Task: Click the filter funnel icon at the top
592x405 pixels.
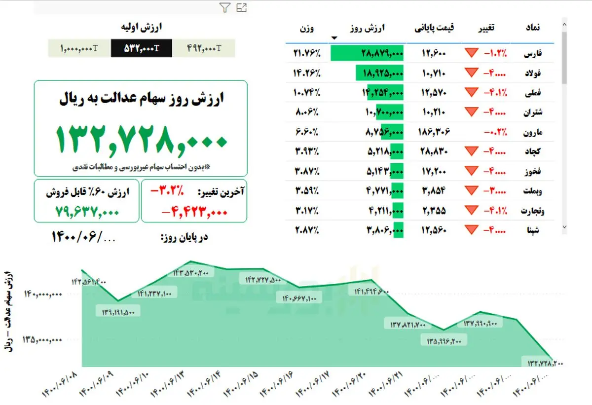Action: [224, 7]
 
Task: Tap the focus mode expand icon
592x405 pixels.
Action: [241, 7]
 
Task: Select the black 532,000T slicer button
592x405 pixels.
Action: [142, 48]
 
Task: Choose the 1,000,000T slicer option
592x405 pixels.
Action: [79, 48]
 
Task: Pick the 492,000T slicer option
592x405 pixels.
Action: [204, 48]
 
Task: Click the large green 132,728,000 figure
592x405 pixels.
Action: [141, 139]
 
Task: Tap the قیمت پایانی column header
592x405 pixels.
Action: [434, 28]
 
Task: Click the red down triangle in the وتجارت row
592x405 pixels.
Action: [472, 211]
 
